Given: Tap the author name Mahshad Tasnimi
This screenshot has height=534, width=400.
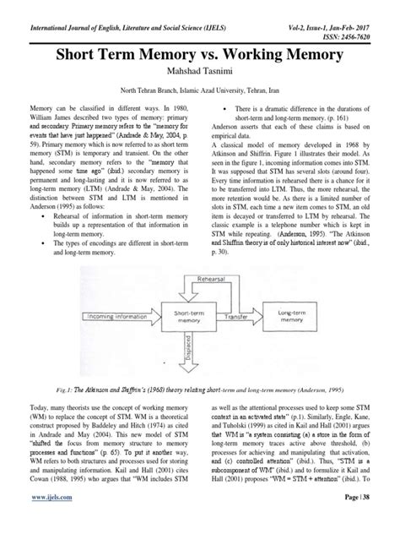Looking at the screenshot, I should (199, 74).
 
